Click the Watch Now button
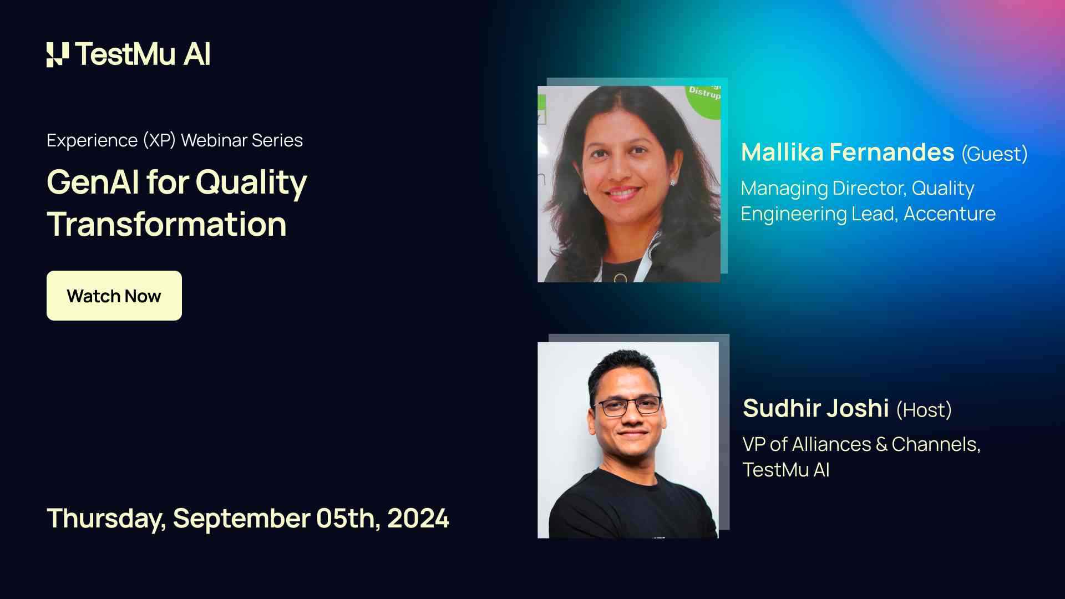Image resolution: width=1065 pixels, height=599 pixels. click(114, 296)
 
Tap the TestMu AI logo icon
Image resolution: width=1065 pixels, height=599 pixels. click(58, 54)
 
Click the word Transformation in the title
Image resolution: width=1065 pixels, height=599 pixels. click(167, 224)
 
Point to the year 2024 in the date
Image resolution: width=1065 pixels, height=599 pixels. click(418, 519)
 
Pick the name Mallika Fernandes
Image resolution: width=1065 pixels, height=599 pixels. click(848, 153)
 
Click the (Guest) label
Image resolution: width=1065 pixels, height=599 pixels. click(995, 154)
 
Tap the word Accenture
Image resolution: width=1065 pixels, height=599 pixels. click(950, 214)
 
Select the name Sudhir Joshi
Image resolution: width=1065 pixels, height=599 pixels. click(816, 409)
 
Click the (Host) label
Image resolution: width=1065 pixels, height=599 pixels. click(924, 410)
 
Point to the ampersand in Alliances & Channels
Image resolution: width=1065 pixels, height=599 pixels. click(881, 444)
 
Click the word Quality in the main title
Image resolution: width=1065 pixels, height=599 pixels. click(251, 183)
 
